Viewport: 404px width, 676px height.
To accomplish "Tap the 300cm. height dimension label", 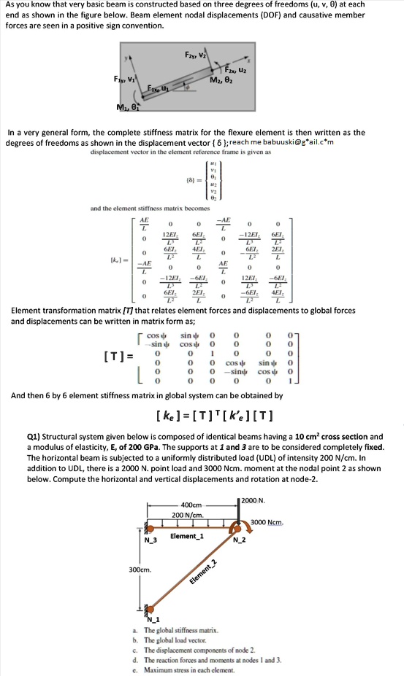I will pyautogui.click(x=140, y=568).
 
